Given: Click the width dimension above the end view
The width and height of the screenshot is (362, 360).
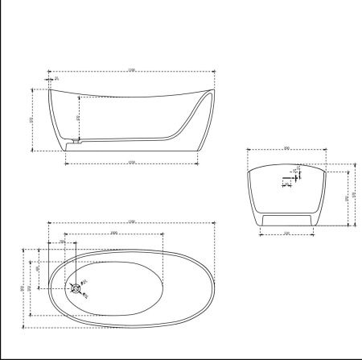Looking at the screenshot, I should pos(286,148).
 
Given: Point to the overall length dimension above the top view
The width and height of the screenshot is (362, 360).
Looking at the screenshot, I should pos(131,221).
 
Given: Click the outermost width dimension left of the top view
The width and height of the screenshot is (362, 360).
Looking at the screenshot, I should pos(23,288).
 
